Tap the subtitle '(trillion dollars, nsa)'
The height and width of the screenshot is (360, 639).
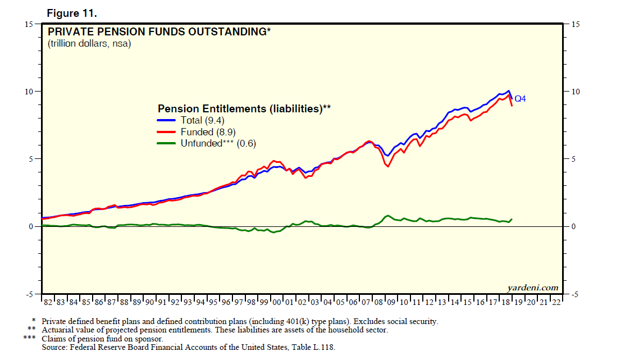click(89, 44)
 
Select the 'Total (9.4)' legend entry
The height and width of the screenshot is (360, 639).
click(202, 120)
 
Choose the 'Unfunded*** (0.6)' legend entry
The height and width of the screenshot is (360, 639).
click(218, 144)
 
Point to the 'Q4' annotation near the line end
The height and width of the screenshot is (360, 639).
click(521, 99)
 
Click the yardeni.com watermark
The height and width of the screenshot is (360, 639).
click(533, 288)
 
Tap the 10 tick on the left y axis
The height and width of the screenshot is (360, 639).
click(29, 92)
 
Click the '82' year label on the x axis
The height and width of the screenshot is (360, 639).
click(48, 302)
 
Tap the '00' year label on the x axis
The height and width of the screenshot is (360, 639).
click(277, 302)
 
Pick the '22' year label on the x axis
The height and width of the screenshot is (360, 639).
click(556, 302)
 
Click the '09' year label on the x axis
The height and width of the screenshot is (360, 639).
click(391, 302)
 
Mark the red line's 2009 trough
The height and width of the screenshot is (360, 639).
click(388, 166)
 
